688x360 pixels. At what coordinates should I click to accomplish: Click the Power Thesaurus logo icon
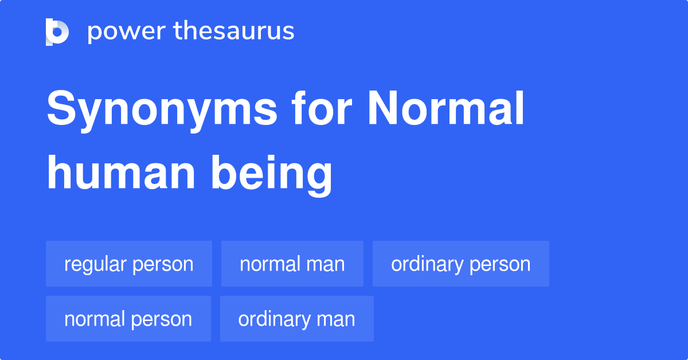pyautogui.click(x=57, y=32)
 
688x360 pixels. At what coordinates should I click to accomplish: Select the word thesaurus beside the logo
pyautogui.click(x=234, y=32)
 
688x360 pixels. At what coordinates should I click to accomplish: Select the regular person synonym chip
pyautogui.click(x=129, y=264)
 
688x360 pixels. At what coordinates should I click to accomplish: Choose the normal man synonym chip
pyautogui.click(x=292, y=264)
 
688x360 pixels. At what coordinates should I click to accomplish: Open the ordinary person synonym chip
pyautogui.click(x=461, y=264)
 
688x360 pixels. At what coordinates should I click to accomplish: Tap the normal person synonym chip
pyautogui.click(x=128, y=319)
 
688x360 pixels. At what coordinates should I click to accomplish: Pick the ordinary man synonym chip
pyautogui.click(x=297, y=319)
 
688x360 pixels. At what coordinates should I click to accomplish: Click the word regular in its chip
pyautogui.click(x=96, y=264)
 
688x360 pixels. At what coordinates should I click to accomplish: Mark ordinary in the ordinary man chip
pyautogui.click(x=273, y=319)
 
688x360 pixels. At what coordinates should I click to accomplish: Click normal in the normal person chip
pyautogui.click(x=95, y=319)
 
